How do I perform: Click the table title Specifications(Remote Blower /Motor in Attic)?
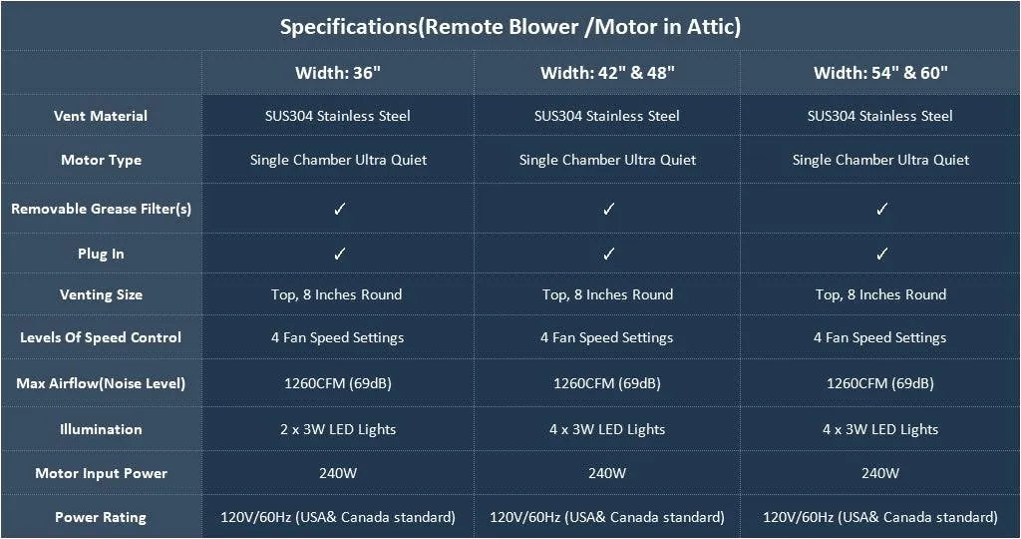510,27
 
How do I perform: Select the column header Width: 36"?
338,72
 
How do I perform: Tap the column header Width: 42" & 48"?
607,72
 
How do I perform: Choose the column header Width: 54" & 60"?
880,72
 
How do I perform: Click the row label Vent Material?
101,116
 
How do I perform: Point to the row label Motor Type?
101,160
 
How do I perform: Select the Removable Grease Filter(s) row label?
101,209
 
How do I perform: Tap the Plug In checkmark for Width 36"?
339,254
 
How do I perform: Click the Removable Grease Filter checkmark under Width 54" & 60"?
881,209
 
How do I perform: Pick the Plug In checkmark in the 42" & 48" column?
608,254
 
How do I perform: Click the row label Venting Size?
101,294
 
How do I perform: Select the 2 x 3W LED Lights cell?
338,429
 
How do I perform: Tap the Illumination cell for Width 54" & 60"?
880,429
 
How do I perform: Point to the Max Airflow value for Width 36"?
338,383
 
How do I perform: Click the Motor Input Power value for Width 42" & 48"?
607,473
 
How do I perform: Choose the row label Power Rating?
101,517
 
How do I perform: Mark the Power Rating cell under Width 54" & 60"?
880,517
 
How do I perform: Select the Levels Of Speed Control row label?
101,337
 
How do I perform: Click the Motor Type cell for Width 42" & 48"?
607,160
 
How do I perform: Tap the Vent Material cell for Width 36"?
338,116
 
